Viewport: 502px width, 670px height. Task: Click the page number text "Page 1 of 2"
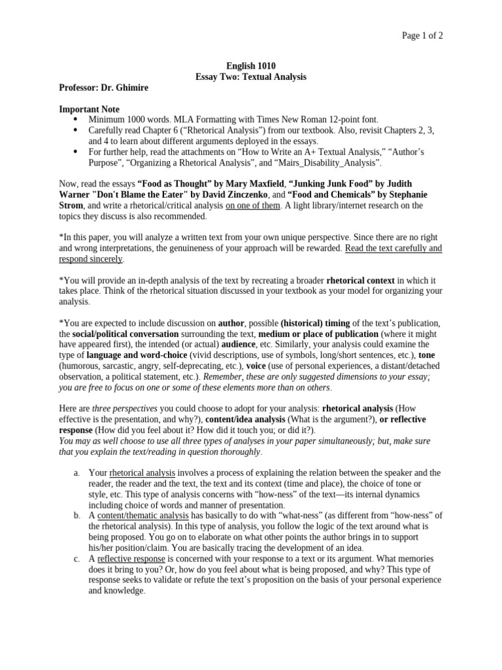point(422,36)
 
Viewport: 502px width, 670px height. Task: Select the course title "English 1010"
point(251,66)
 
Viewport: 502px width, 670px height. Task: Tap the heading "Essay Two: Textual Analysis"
point(251,77)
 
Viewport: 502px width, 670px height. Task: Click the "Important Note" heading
point(89,109)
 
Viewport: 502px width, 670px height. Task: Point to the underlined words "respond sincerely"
point(91,258)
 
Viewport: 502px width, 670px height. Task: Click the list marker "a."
point(76,472)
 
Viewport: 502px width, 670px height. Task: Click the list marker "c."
point(76,558)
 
